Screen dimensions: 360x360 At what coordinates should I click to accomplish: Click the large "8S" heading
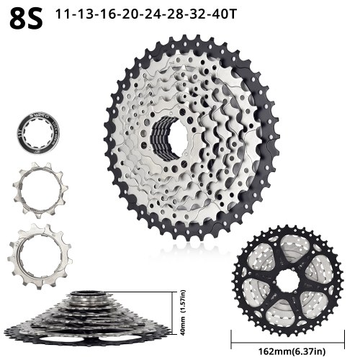[27, 18]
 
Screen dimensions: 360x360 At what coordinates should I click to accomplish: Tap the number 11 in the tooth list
[63, 14]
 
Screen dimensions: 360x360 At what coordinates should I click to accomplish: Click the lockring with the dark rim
[38, 133]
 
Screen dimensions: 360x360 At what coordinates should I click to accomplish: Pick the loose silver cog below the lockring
[40, 190]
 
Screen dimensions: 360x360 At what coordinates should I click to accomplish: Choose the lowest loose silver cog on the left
[40, 256]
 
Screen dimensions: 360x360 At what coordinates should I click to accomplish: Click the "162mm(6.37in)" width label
[292, 351]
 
